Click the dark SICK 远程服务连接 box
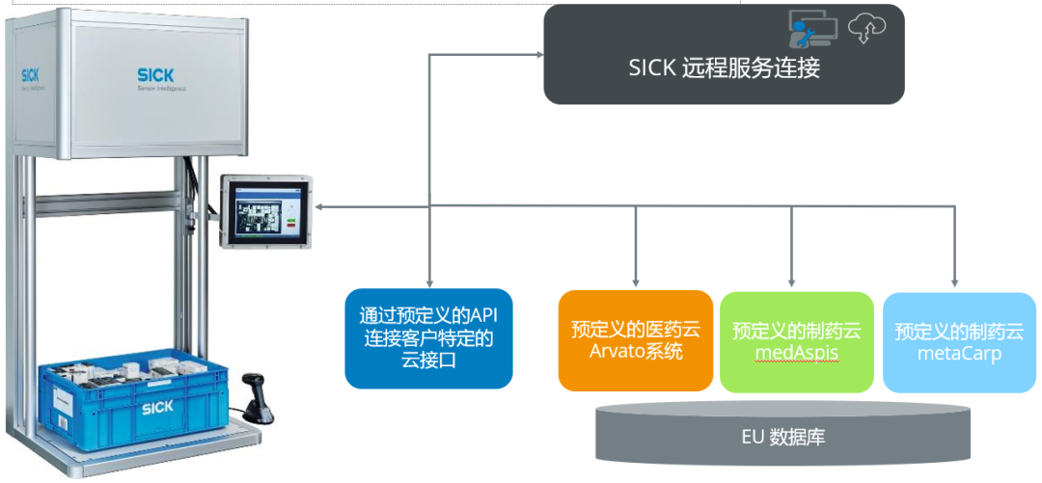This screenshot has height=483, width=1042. coord(724,54)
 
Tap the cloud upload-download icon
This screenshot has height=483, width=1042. coord(868,28)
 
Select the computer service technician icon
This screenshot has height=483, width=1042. coord(812,29)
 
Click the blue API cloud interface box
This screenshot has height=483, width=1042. coord(428,338)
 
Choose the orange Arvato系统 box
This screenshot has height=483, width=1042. coord(636,340)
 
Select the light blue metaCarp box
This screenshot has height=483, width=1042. coord(959,341)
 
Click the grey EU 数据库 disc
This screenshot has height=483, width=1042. coord(782,431)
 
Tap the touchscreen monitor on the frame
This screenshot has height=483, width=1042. coord(266,211)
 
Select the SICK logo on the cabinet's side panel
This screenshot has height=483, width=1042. coord(29,75)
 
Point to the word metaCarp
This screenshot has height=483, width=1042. coord(959,353)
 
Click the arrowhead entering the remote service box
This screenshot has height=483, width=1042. coord(538,55)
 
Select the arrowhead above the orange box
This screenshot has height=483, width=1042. coord(636,283)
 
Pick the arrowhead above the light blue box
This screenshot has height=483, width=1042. coord(956,283)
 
